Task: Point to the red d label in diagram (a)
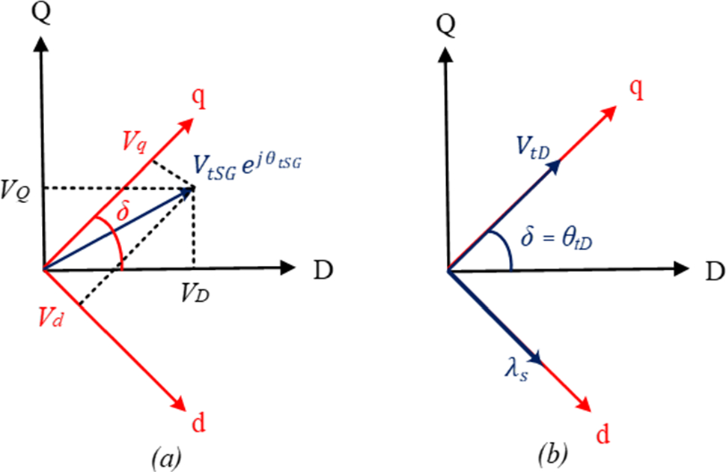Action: point(198,423)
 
